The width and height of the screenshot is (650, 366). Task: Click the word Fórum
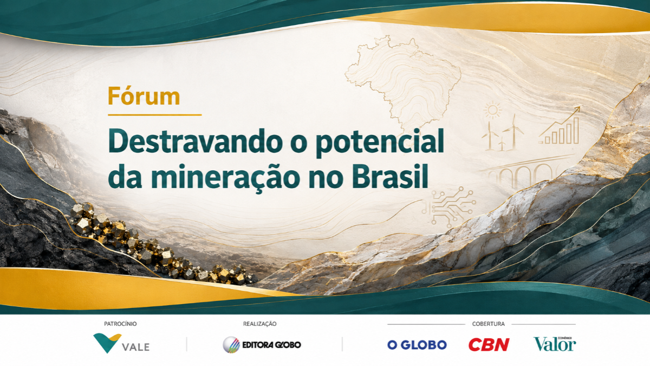pos(144,96)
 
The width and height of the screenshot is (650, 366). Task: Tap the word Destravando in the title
pos(196,142)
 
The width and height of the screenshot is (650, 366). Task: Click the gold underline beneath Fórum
pos(155,115)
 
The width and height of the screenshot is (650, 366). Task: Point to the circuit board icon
pos(448,206)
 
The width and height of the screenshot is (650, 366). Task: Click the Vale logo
pos(121,343)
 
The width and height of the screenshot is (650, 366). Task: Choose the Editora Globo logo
pos(262,345)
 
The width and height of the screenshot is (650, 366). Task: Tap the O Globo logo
pos(417,345)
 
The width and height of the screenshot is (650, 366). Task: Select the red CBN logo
pos(489,344)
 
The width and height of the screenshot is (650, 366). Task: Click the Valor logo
pos(555,344)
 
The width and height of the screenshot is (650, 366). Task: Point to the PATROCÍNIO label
pos(120,324)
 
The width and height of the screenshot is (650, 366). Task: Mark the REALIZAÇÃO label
pos(259,324)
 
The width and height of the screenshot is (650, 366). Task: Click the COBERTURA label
pos(489,324)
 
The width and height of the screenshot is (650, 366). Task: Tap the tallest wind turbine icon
pos(514,132)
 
